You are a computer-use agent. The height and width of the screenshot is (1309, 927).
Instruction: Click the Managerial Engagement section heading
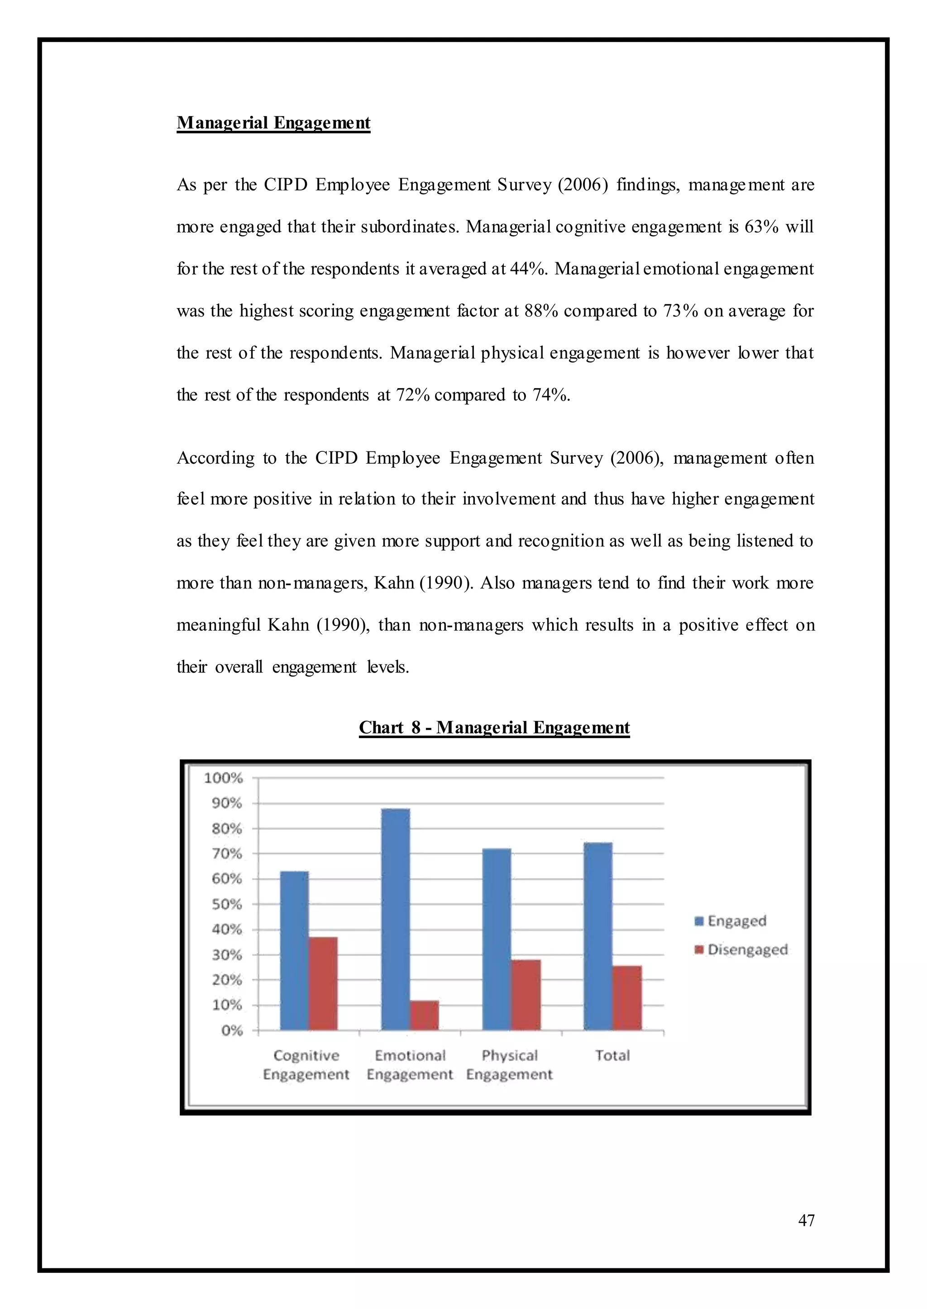(273, 123)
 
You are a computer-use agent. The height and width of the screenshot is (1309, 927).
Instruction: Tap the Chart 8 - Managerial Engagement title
(494, 727)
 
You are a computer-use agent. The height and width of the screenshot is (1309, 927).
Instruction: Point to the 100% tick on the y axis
(224, 778)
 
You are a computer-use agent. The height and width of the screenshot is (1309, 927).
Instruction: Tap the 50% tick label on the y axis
(227, 904)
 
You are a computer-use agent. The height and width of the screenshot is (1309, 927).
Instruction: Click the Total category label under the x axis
(612, 1055)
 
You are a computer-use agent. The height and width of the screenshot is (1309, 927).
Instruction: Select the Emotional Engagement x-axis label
(410, 1064)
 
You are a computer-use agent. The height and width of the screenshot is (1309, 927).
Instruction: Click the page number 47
(806, 1220)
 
